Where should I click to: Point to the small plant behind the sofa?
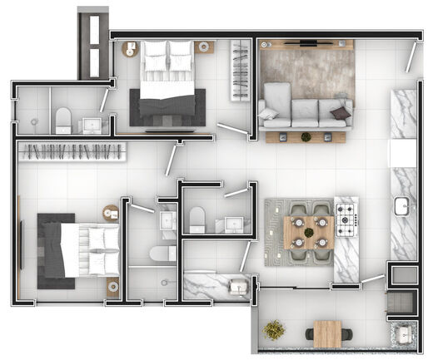pyautogui.click(x=306, y=136)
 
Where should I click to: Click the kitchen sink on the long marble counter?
pyautogui.click(x=402, y=205)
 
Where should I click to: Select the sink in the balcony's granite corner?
pyautogui.click(x=404, y=335)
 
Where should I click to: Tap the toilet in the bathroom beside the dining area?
pyautogui.click(x=197, y=219)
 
